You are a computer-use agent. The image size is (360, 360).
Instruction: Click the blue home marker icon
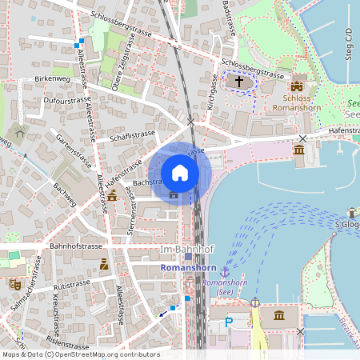click(180, 172)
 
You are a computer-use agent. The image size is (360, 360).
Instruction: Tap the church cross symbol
click(238, 82)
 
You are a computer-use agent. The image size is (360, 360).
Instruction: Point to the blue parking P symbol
click(229, 322)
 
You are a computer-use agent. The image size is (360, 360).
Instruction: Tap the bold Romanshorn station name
click(188, 268)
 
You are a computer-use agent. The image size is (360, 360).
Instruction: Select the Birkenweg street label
click(54, 80)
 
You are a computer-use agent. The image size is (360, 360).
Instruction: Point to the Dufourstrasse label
click(67, 102)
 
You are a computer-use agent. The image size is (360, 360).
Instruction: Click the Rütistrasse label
click(72, 285)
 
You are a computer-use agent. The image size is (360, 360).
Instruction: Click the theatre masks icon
click(14, 283)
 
